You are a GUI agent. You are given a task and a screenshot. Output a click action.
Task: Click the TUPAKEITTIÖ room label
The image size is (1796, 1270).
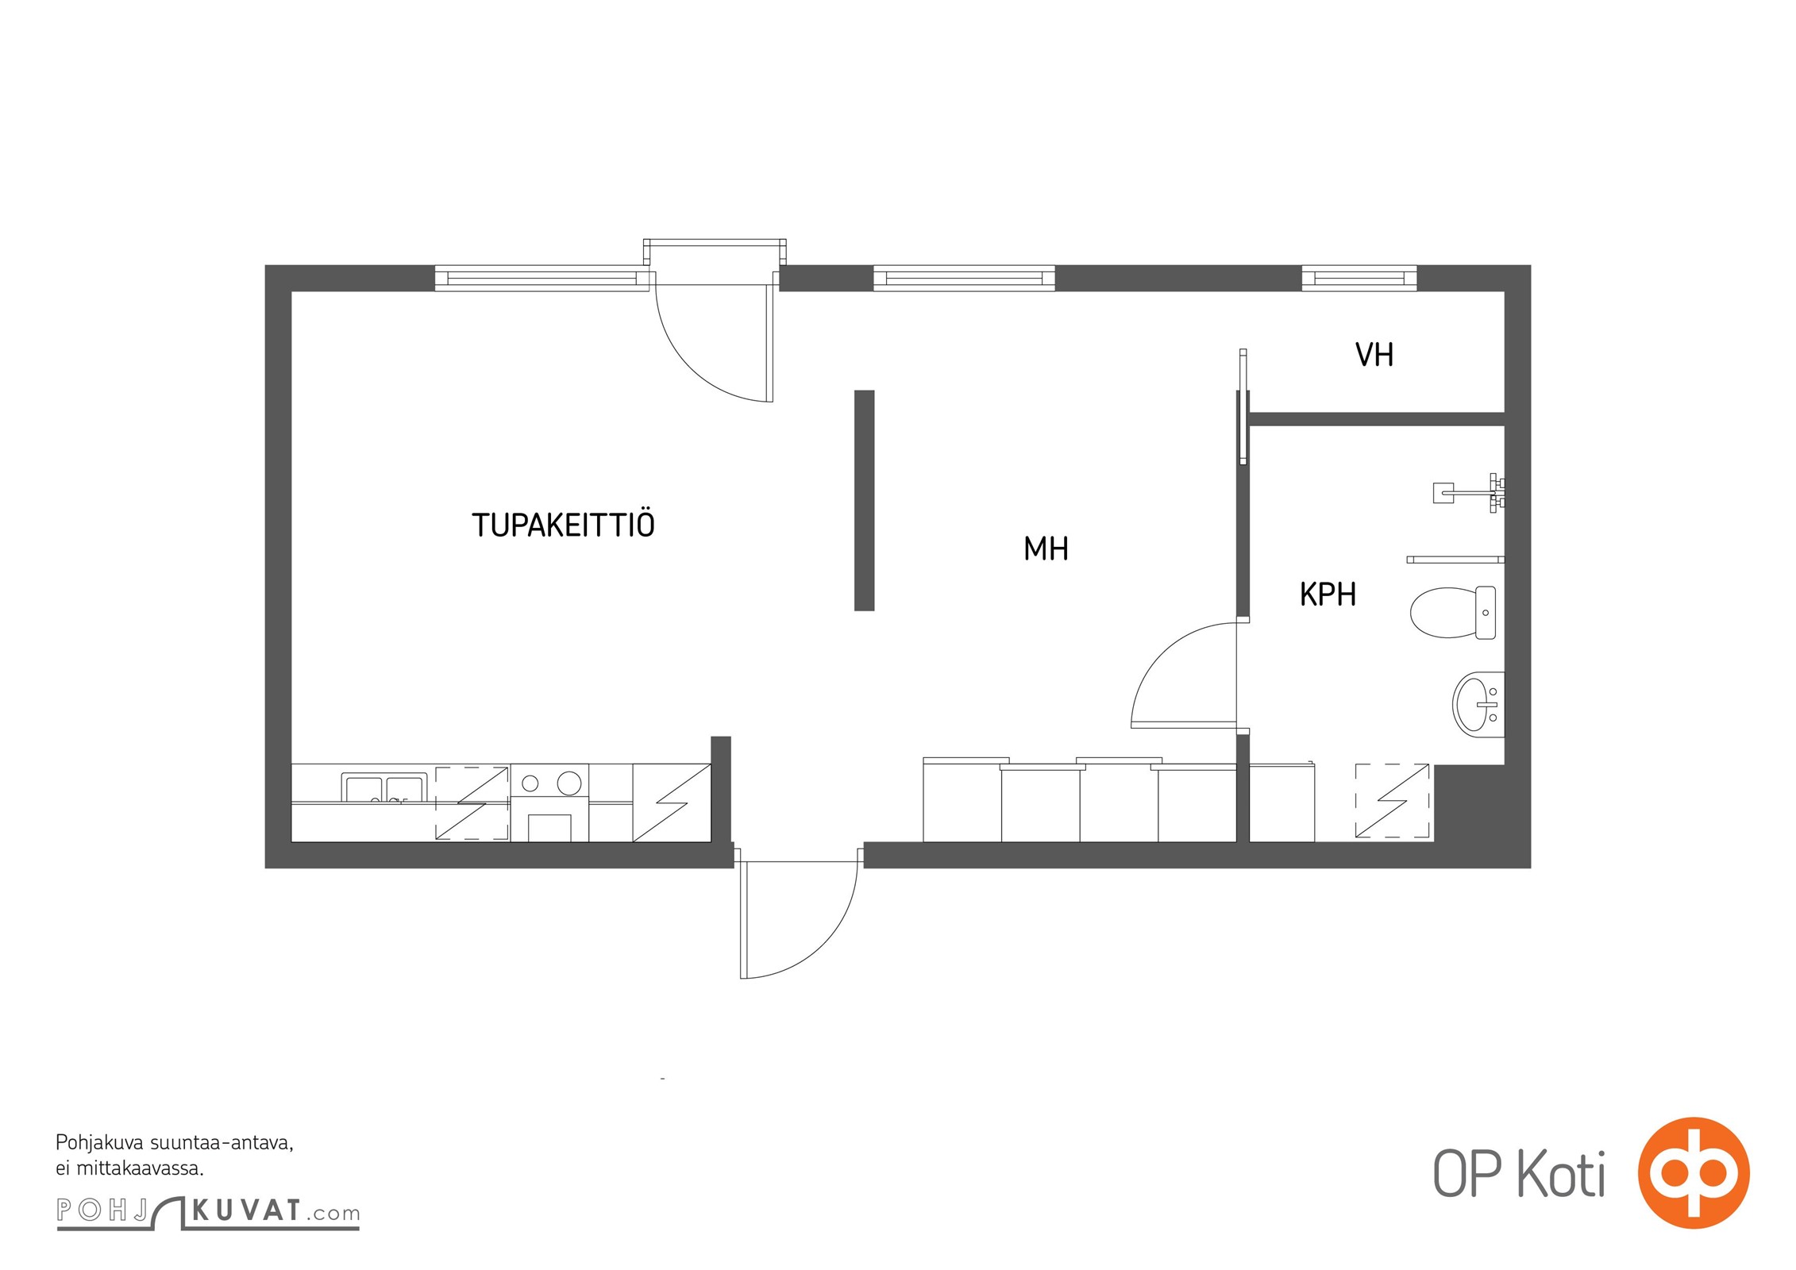coord(563,524)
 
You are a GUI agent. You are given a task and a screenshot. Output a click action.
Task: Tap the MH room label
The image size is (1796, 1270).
coord(1046,548)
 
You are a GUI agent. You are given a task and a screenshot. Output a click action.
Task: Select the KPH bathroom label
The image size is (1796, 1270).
coord(1328,594)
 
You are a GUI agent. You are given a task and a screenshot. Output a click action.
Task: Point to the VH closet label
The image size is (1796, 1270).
coord(1374,355)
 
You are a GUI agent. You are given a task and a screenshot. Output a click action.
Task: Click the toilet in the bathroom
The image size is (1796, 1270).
coord(1452,612)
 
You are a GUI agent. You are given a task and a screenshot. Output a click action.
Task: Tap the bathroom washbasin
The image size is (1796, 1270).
coord(1478,702)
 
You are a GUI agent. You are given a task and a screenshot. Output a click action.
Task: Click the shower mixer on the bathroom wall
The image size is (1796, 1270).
coord(1469,493)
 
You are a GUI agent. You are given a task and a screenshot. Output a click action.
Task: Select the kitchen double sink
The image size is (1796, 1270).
coord(384,787)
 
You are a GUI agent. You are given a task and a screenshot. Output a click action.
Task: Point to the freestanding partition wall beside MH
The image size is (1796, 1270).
coord(864,500)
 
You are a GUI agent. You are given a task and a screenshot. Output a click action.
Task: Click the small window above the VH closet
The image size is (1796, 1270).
coord(1359,278)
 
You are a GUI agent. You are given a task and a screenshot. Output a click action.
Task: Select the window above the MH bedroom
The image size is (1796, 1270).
coord(964,278)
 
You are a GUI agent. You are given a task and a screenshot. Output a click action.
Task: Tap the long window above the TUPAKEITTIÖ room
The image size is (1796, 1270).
coord(542,278)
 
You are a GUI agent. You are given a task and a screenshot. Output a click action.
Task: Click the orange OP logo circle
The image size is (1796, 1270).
coord(1693,1172)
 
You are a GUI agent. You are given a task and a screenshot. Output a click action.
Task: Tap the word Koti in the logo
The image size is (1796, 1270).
coord(1561,1174)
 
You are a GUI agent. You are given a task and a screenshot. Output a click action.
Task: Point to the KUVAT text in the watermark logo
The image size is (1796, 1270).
coord(246,1211)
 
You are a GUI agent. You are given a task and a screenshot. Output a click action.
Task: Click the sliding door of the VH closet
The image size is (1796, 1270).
coord(1243,406)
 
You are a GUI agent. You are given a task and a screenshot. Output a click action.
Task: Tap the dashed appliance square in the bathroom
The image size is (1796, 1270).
coord(1392,801)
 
